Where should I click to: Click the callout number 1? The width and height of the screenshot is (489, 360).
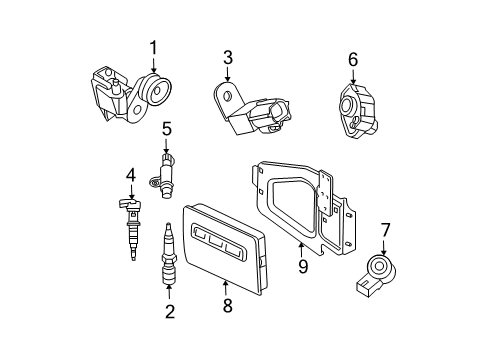(x=154, y=47)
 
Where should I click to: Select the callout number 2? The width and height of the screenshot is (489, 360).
(x=169, y=311)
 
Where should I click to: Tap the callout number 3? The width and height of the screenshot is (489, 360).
(x=228, y=57)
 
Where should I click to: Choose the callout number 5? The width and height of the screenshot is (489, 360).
(x=167, y=127)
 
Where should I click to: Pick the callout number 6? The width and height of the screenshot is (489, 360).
(x=352, y=60)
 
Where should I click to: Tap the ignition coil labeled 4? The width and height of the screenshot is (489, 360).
(x=131, y=225)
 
